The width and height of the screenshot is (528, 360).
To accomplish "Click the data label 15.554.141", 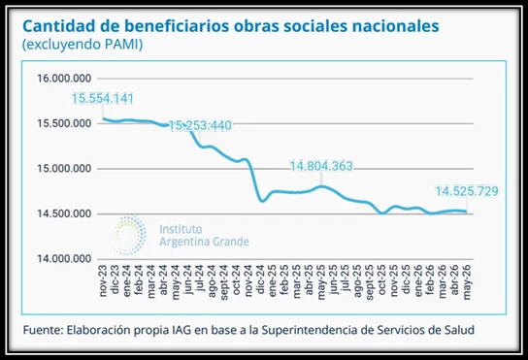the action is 103,99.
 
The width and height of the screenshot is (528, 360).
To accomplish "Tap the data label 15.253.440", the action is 200,125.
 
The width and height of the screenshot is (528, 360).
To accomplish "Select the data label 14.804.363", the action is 321,166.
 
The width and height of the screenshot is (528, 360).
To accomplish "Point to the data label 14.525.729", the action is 467,191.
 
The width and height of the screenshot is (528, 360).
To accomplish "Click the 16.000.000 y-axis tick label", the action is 64,79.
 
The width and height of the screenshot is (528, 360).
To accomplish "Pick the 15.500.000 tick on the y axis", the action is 64,123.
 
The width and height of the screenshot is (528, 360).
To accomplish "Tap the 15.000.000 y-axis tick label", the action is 64,169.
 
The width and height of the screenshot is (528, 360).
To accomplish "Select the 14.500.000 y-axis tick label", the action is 64,213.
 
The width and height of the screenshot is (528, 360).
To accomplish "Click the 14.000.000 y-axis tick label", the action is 64,259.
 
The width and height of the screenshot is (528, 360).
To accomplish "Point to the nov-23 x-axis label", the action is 103,280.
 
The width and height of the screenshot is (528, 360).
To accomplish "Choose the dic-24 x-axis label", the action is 261,279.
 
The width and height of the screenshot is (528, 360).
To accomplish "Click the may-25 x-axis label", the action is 321,282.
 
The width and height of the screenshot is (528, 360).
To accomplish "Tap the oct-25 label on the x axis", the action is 381,279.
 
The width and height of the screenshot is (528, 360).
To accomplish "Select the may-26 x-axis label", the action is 467,282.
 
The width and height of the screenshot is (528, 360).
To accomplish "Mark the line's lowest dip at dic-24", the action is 263,201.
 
